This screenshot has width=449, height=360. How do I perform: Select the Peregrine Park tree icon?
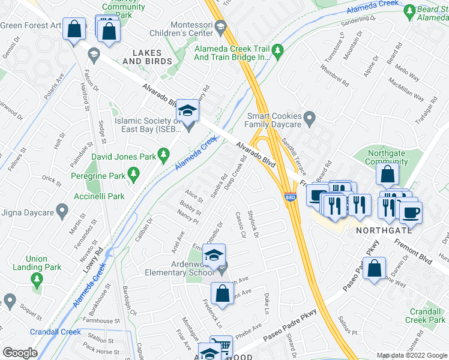tap(134, 175)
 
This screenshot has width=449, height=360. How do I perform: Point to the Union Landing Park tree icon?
tap(37, 280)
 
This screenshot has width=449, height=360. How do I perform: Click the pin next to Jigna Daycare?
tap(61, 211)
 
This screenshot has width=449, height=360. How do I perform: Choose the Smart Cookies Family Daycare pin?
tap(309, 119)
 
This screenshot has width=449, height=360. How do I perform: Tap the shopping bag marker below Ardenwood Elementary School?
tap(222, 293)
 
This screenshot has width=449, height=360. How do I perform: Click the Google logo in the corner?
tap(20, 352)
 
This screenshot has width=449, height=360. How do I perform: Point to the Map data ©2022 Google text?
tap(411, 355)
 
